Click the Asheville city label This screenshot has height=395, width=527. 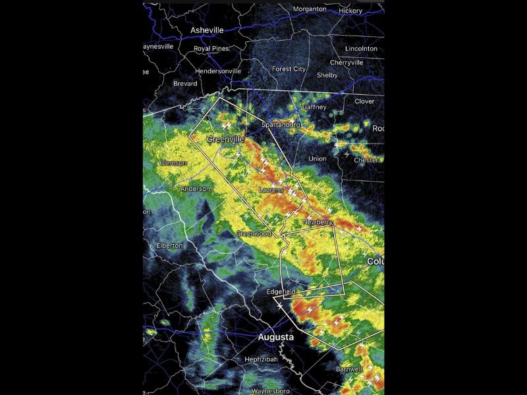click(x=207, y=30)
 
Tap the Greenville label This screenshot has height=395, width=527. click(x=225, y=140)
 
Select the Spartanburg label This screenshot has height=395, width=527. click(x=281, y=124)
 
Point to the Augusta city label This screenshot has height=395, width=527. click(x=275, y=337)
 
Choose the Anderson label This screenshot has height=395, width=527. click(x=196, y=189)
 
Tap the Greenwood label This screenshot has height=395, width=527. click(x=254, y=234)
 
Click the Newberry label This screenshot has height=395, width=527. click(x=318, y=223)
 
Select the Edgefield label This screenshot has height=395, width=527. click(x=281, y=292)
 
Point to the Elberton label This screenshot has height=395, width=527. click(x=169, y=246)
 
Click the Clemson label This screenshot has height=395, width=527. click(x=173, y=163)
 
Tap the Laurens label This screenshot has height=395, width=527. click(x=271, y=190)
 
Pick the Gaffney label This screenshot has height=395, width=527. click(x=314, y=107)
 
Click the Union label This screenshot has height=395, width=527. click(x=318, y=159)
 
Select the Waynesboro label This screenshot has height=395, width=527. click(x=271, y=391)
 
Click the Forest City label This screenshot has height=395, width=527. click(x=289, y=69)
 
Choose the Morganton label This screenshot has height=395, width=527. click(x=310, y=9)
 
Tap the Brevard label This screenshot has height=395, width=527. click(x=185, y=84)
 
